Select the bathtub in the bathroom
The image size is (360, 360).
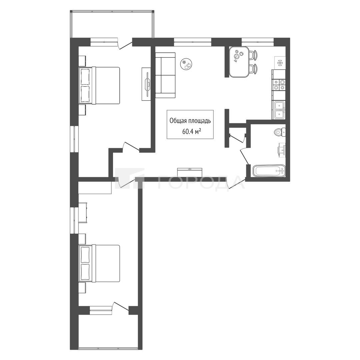pos(269,171)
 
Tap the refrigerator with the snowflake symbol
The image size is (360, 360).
pos(280,63)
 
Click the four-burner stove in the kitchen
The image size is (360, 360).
pos(278,84)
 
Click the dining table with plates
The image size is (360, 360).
pos(239,62)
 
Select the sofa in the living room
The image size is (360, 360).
pos(165,75)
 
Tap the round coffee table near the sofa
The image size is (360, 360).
pos(187,64)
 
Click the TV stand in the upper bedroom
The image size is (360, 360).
pos(146,84)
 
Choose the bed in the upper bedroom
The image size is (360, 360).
pos(99,85)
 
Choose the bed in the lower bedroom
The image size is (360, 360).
pos(99,263)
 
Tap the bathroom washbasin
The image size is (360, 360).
pos(282,150)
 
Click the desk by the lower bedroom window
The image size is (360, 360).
pos(83,213)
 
